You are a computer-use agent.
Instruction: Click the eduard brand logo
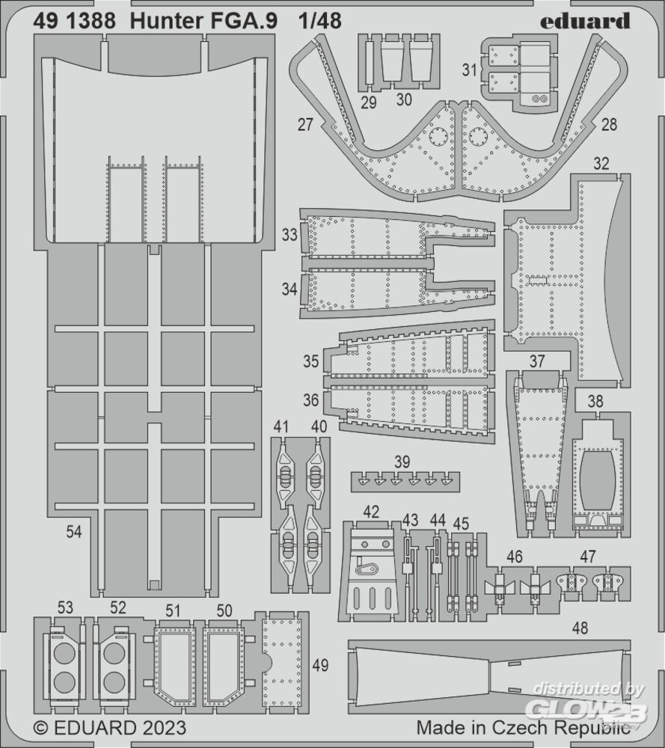pyautogui.click(x=585, y=21)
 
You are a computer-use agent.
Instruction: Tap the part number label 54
pyautogui.click(x=74, y=531)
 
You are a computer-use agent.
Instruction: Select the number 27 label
pyautogui.click(x=305, y=124)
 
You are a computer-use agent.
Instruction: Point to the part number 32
pyautogui.click(x=601, y=164)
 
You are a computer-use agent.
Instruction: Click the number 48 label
pyautogui.click(x=580, y=628)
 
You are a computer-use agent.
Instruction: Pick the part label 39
pyautogui.click(x=402, y=462)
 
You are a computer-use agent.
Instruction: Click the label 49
pyautogui.click(x=321, y=664)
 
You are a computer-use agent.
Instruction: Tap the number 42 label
pyautogui.click(x=371, y=512)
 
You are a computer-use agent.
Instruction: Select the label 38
pyautogui.click(x=595, y=401)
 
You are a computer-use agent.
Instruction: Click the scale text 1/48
pyautogui.click(x=320, y=21)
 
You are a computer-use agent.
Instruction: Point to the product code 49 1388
pyautogui.click(x=74, y=21)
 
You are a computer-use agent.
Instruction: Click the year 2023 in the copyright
pyautogui.click(x=162, y=728)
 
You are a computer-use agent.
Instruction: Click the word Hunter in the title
pyautogui.click(x=162, y=21)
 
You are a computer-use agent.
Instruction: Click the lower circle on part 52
pyautogui.click(x=114, y=682)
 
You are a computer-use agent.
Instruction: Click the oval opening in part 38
pyautogui.click(x=597, y=479)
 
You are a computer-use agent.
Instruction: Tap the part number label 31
pyautogui.click(x=470, y=70)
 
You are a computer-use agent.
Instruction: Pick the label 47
pyautogui.click(x=588, y=557)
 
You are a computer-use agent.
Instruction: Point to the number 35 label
pyautogui.click(x=310, y=361)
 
